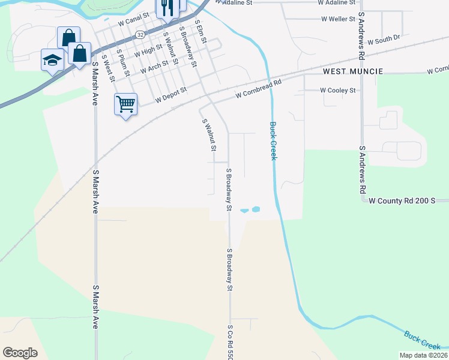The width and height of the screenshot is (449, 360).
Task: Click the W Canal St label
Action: [133, 22]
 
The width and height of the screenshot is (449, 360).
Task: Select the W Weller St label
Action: [339, 19]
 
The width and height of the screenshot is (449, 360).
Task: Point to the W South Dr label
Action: [384, 41]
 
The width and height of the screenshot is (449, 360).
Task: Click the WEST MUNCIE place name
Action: [353, 71]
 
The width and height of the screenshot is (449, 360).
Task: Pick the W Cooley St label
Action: [338, 90]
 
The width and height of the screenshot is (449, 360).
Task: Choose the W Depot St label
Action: [171, 97]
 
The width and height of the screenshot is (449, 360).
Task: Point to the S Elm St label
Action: [200, 33]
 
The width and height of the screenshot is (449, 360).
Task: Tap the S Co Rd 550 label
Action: [229, 342]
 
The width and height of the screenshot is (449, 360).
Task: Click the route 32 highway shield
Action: [139, 35]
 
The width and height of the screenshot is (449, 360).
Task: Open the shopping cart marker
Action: [125, 104]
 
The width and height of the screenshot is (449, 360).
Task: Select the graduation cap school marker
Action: [52, 59]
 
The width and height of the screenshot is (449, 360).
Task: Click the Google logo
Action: [20, 353]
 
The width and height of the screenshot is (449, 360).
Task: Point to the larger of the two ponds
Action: [256, 210]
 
